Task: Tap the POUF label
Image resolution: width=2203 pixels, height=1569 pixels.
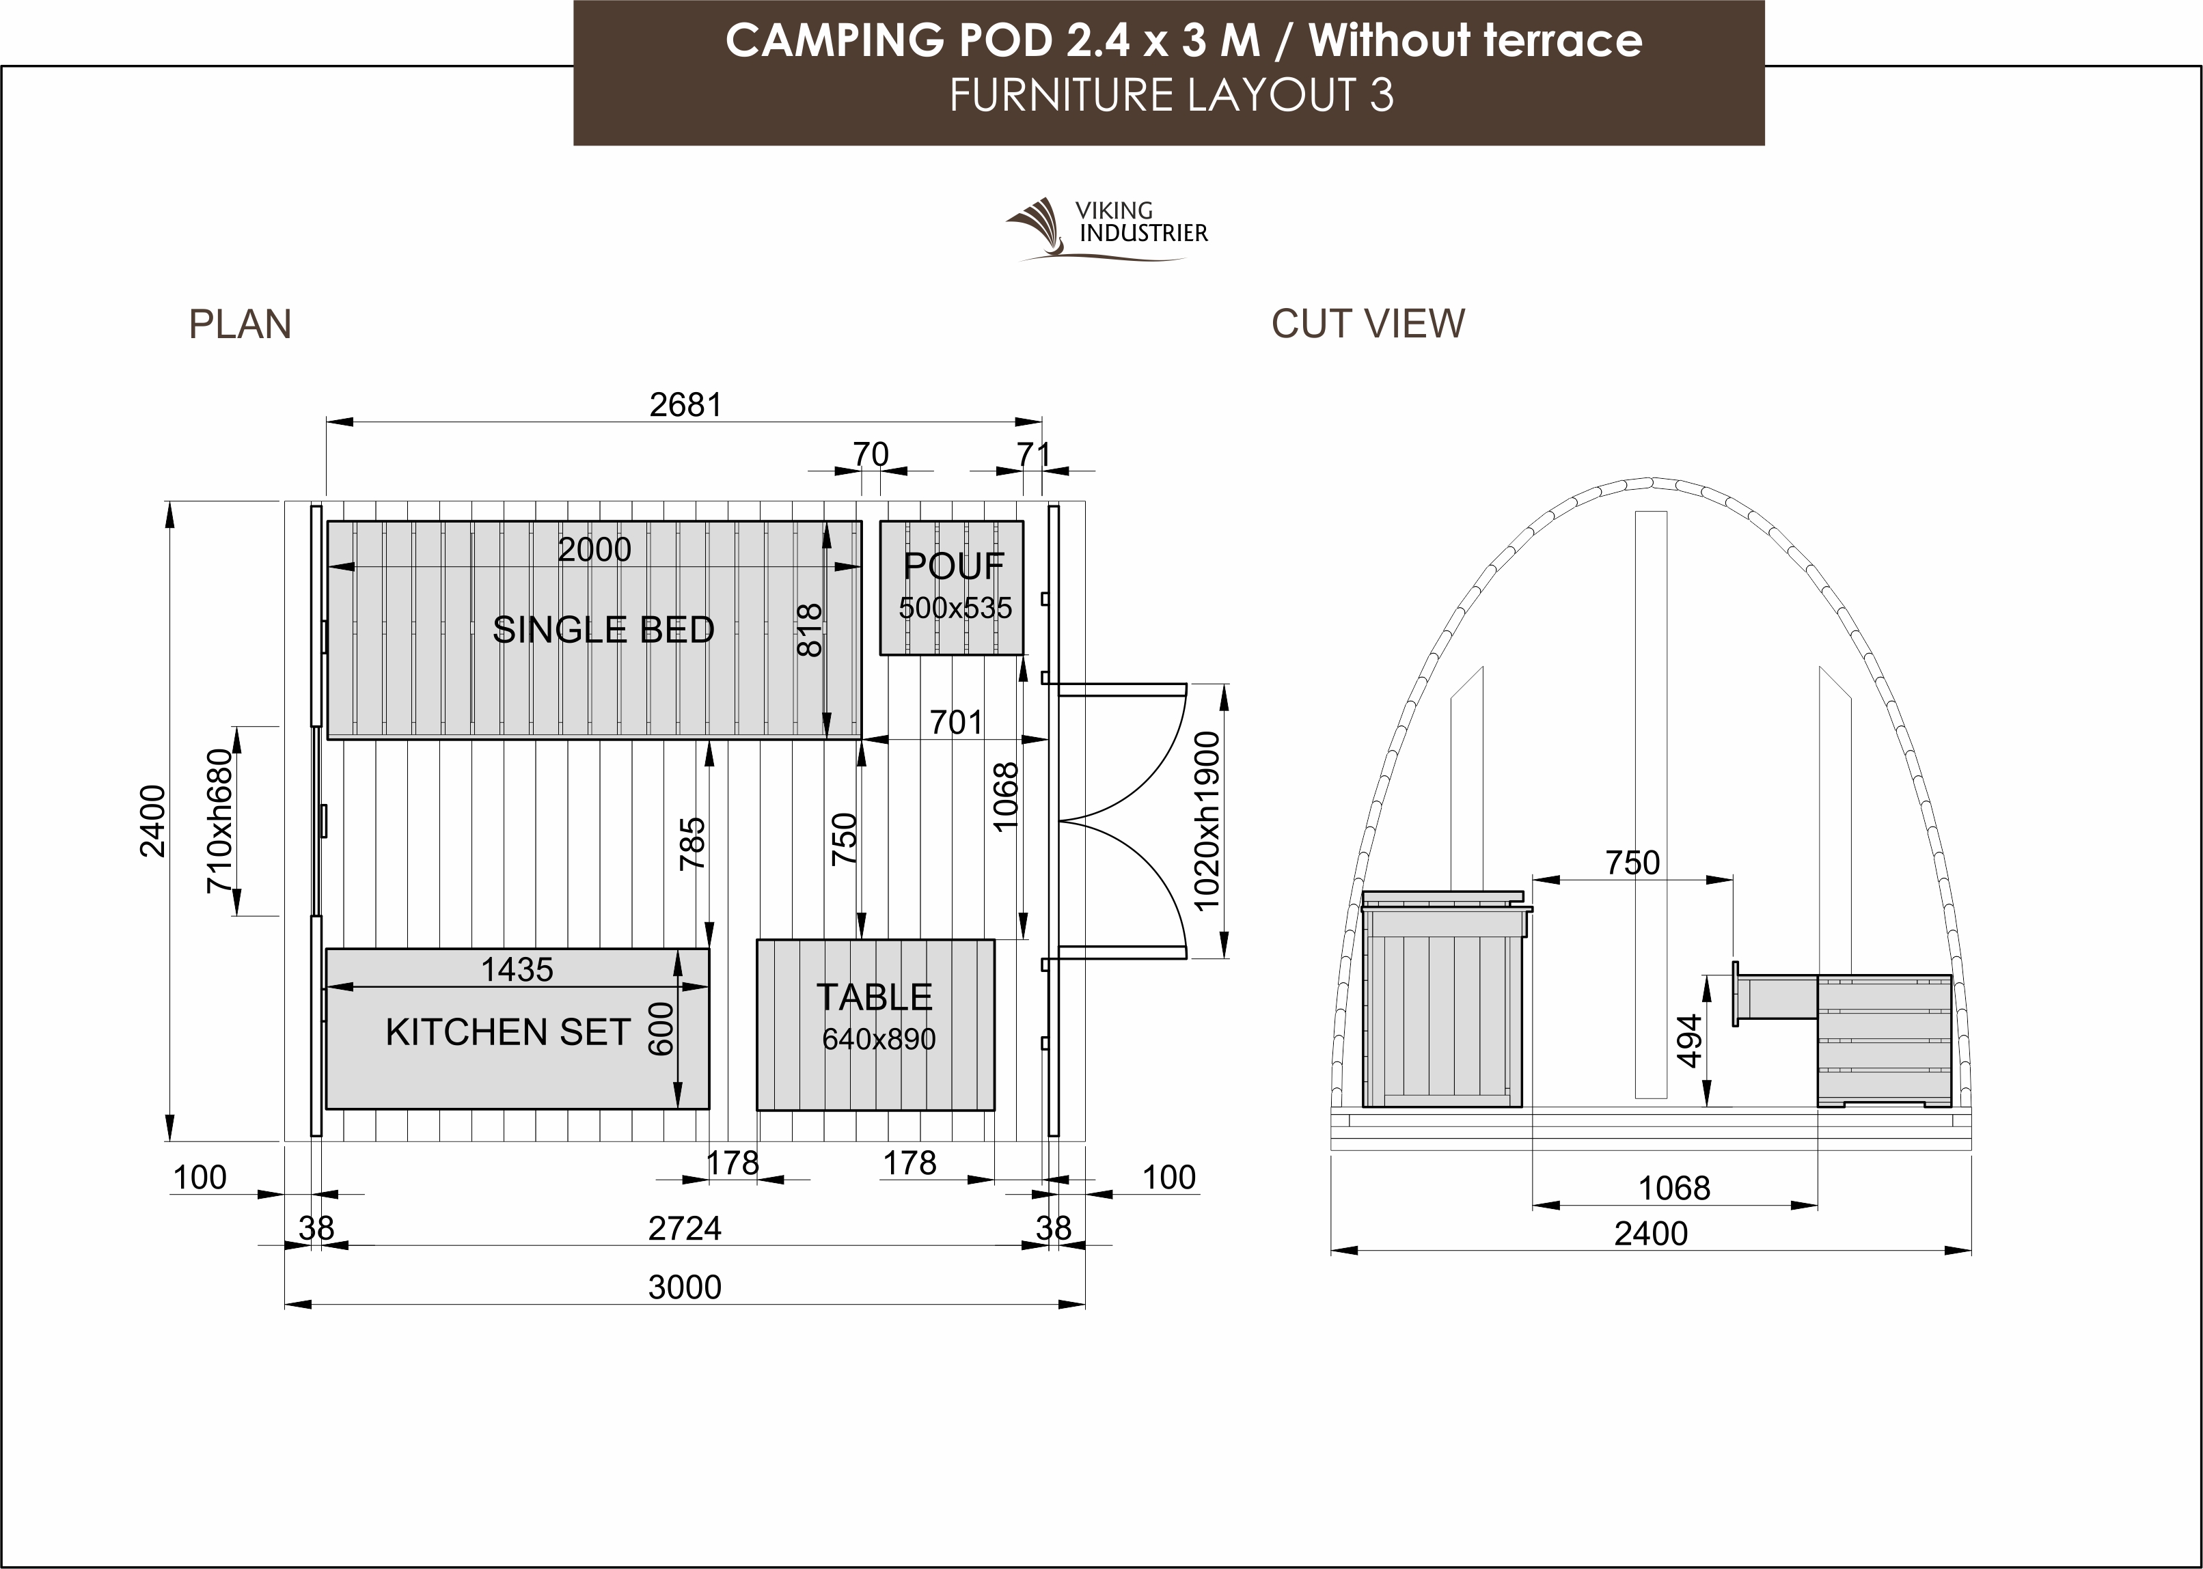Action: [x=954, y=566]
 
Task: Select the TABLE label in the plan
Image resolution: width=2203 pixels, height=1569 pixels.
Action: [x=875, y=997]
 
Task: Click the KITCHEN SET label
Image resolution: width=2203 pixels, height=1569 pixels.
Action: [x=508, y=1033]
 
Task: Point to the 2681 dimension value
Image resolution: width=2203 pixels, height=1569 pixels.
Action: [x=685, y=405]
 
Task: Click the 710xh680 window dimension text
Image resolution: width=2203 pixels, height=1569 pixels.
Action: [x=219, y=820]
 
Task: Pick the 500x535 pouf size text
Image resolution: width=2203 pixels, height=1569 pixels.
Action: [x=955, y=608]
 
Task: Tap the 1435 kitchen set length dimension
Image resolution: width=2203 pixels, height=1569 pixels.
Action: [x=517, y=970]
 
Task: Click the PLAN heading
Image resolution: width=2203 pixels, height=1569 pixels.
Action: [x=240, y=324]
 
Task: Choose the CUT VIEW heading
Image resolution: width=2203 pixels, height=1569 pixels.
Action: [x=1367, y=324]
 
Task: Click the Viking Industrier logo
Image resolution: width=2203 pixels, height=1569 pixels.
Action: [x=1107, y=229]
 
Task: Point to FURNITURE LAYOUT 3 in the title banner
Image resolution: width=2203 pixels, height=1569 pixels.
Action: [x=1171, y=96]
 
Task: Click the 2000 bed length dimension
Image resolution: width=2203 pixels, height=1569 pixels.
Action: [x=594, y=550]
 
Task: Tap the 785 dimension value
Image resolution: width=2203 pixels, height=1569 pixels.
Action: [x=692, y=844]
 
